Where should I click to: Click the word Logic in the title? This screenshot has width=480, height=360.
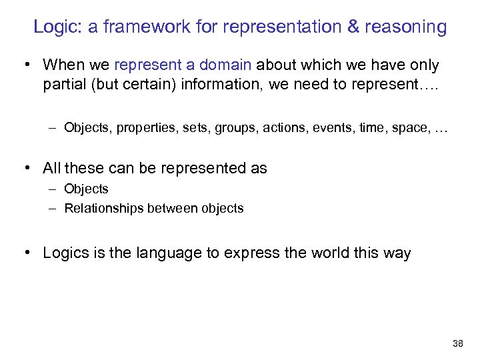pyautogui.click(x=55, y=27)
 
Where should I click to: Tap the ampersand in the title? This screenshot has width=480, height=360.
pyautogui.click(x=352, y=27)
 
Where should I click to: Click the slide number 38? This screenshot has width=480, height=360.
pyautogui.click(x=457, y=343)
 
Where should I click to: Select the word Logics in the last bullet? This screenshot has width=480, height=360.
pyautogui.click(x=63, y=253)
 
